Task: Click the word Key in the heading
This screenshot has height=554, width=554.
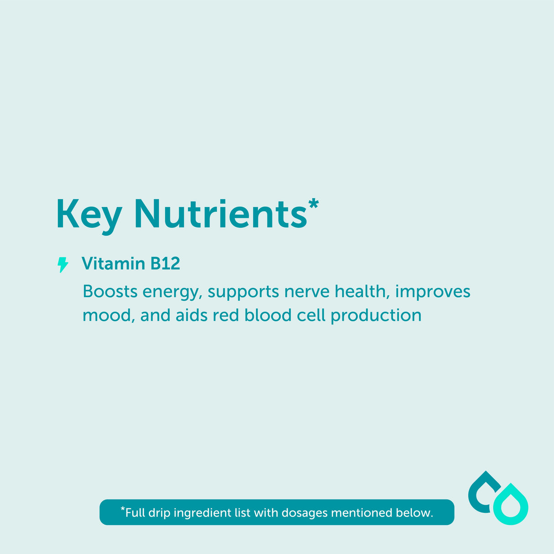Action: (x=89, y=214)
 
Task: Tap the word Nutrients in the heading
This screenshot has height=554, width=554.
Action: (x=220, y=214)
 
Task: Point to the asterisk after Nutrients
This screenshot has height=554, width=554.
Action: (x=313, y=204)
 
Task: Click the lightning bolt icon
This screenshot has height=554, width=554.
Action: (x=63, y=265)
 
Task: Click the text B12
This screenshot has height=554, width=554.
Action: (x=165, y=264)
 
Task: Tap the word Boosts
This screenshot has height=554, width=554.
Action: (x=110, y=292)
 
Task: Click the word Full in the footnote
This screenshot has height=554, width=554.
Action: (x=135, y=513)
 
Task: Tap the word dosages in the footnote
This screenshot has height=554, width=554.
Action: (x=305, y=513)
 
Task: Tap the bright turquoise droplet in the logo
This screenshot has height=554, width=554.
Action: (x=511, y=505)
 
